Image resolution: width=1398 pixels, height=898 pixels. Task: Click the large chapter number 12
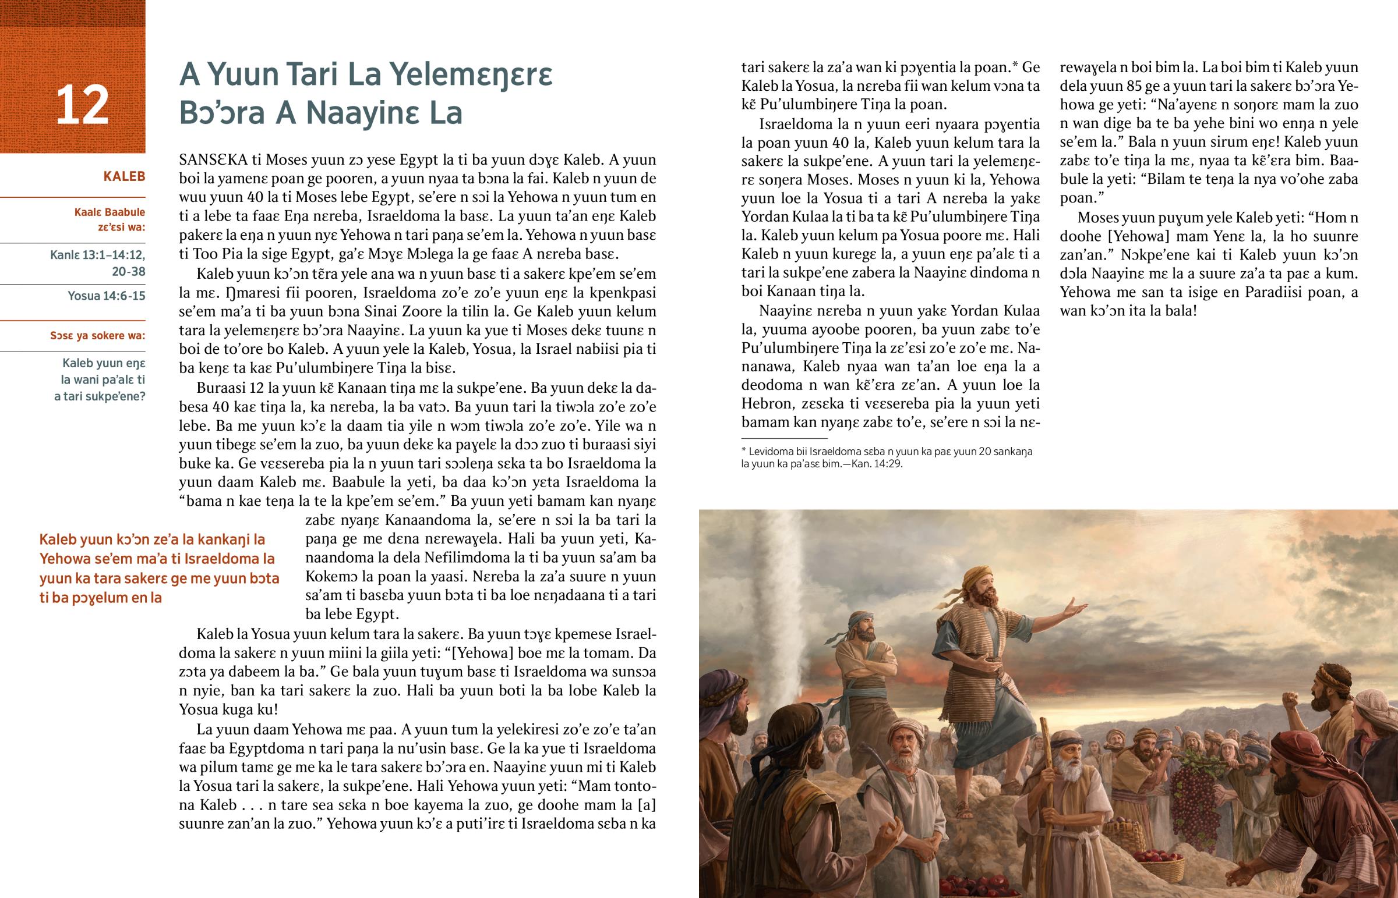click(82, 105)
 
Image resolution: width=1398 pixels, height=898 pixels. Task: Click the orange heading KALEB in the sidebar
click(123, 176)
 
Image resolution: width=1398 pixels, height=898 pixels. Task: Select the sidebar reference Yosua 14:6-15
click(106, 296)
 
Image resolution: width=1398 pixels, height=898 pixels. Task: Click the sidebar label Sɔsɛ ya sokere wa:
click(97, 335)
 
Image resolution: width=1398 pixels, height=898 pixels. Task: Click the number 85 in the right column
click(1126, 86)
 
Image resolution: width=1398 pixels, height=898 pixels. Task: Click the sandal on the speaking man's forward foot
click(962, 810)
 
